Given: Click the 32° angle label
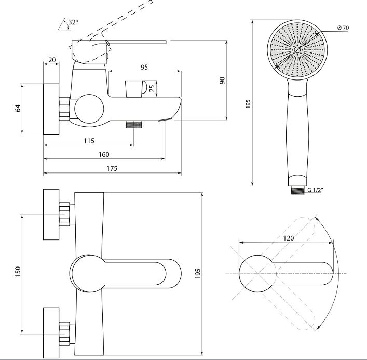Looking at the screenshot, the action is point(73,22).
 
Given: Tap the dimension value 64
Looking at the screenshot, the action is point(18,109).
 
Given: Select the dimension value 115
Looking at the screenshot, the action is point(89,141).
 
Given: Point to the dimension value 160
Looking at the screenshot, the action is point(104,155).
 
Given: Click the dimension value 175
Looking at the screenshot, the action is point(112,169).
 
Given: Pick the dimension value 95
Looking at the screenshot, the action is point(144,67).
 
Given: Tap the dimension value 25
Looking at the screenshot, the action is point(152,88).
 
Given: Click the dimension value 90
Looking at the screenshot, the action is point(222,81).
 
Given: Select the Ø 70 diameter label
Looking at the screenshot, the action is point(343,28).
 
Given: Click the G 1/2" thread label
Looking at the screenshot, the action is point(315,190).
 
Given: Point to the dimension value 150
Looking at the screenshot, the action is point(18,272).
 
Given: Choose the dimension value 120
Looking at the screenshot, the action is point(289,238).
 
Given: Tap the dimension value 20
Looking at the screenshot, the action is point(52,60).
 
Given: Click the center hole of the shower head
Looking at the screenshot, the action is point(297,50).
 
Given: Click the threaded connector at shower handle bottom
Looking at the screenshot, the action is point(297,190).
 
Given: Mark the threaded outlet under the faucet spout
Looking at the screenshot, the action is point(134,124).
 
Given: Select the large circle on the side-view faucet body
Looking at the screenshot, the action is point(89,109).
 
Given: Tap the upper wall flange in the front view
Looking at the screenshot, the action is point(51,215).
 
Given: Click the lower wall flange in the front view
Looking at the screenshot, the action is point(51,334).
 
